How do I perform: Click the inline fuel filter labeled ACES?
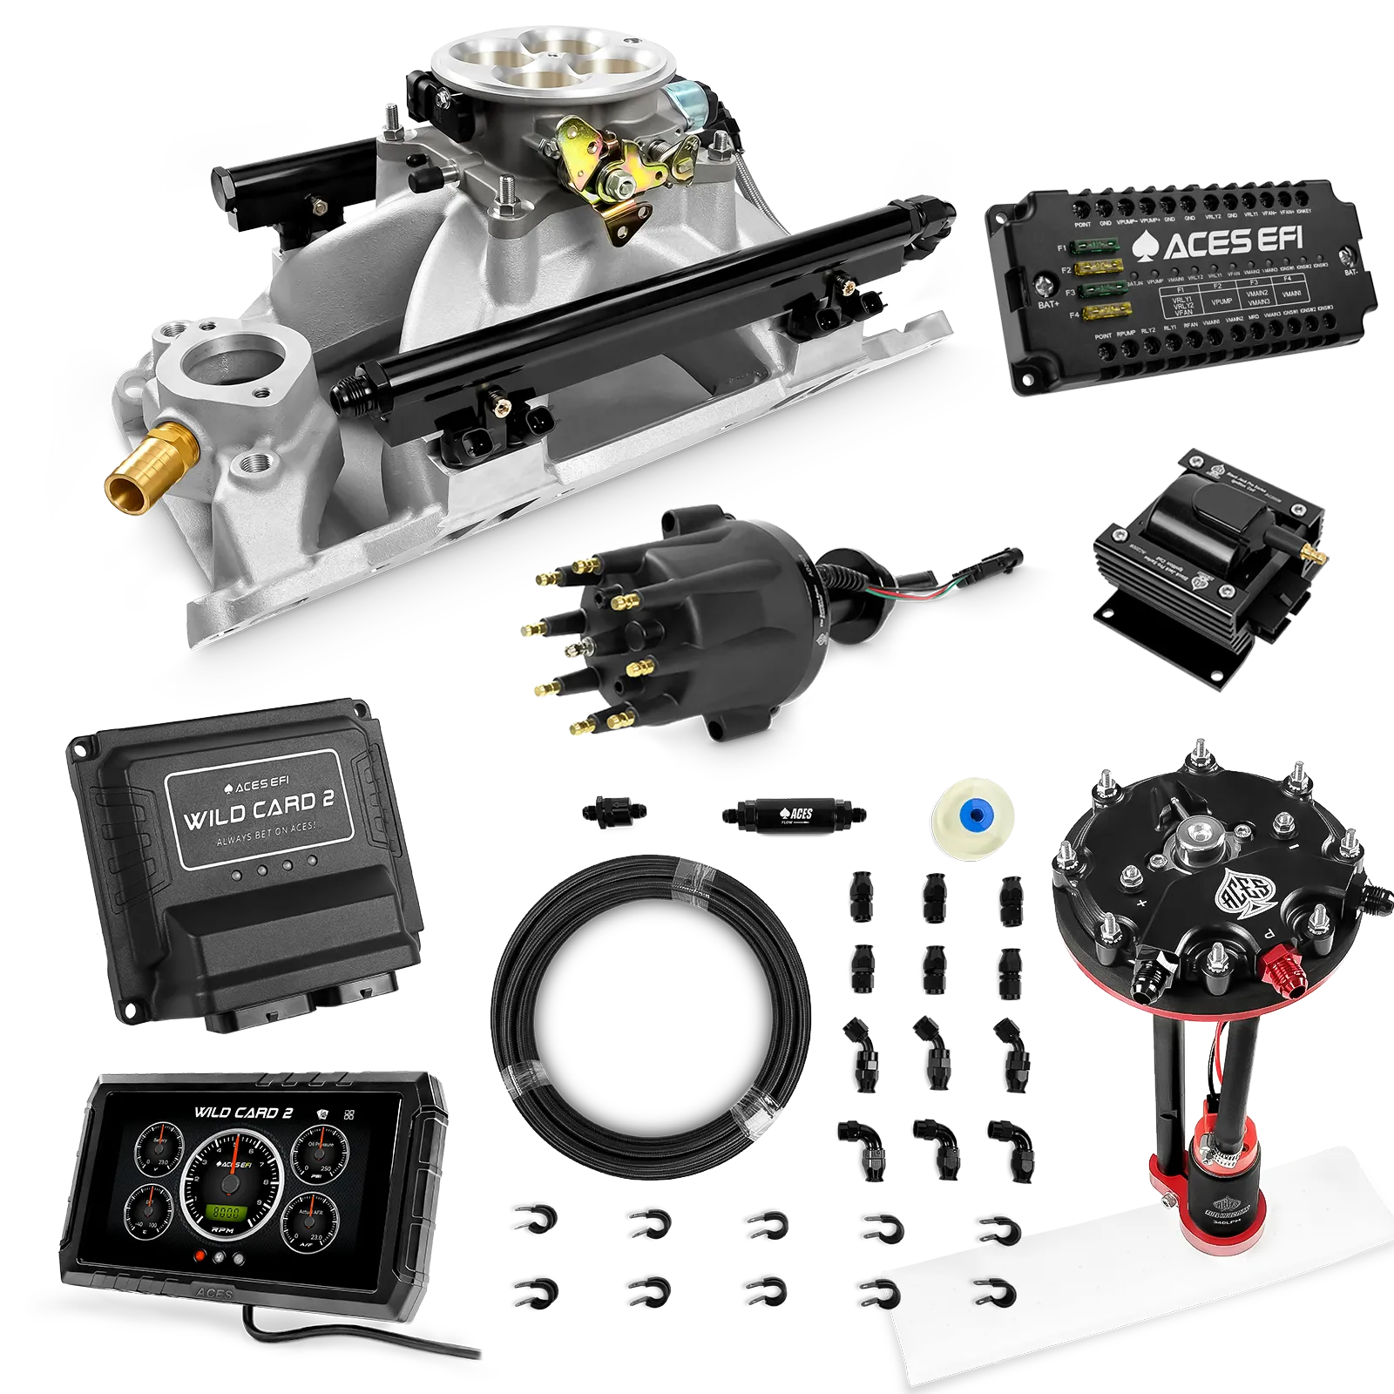pos(793,815)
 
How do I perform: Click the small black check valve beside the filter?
pos(613,810)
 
